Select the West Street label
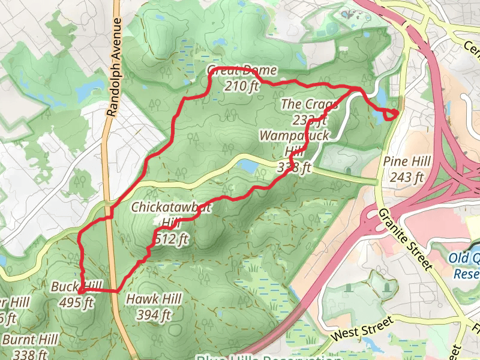(359, 329)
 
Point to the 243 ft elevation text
(406, 177)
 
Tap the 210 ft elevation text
(241, 86)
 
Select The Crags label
(310, 104)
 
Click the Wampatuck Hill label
(294, 143)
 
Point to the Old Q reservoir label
(466, 266)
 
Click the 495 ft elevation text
(77, 302)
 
